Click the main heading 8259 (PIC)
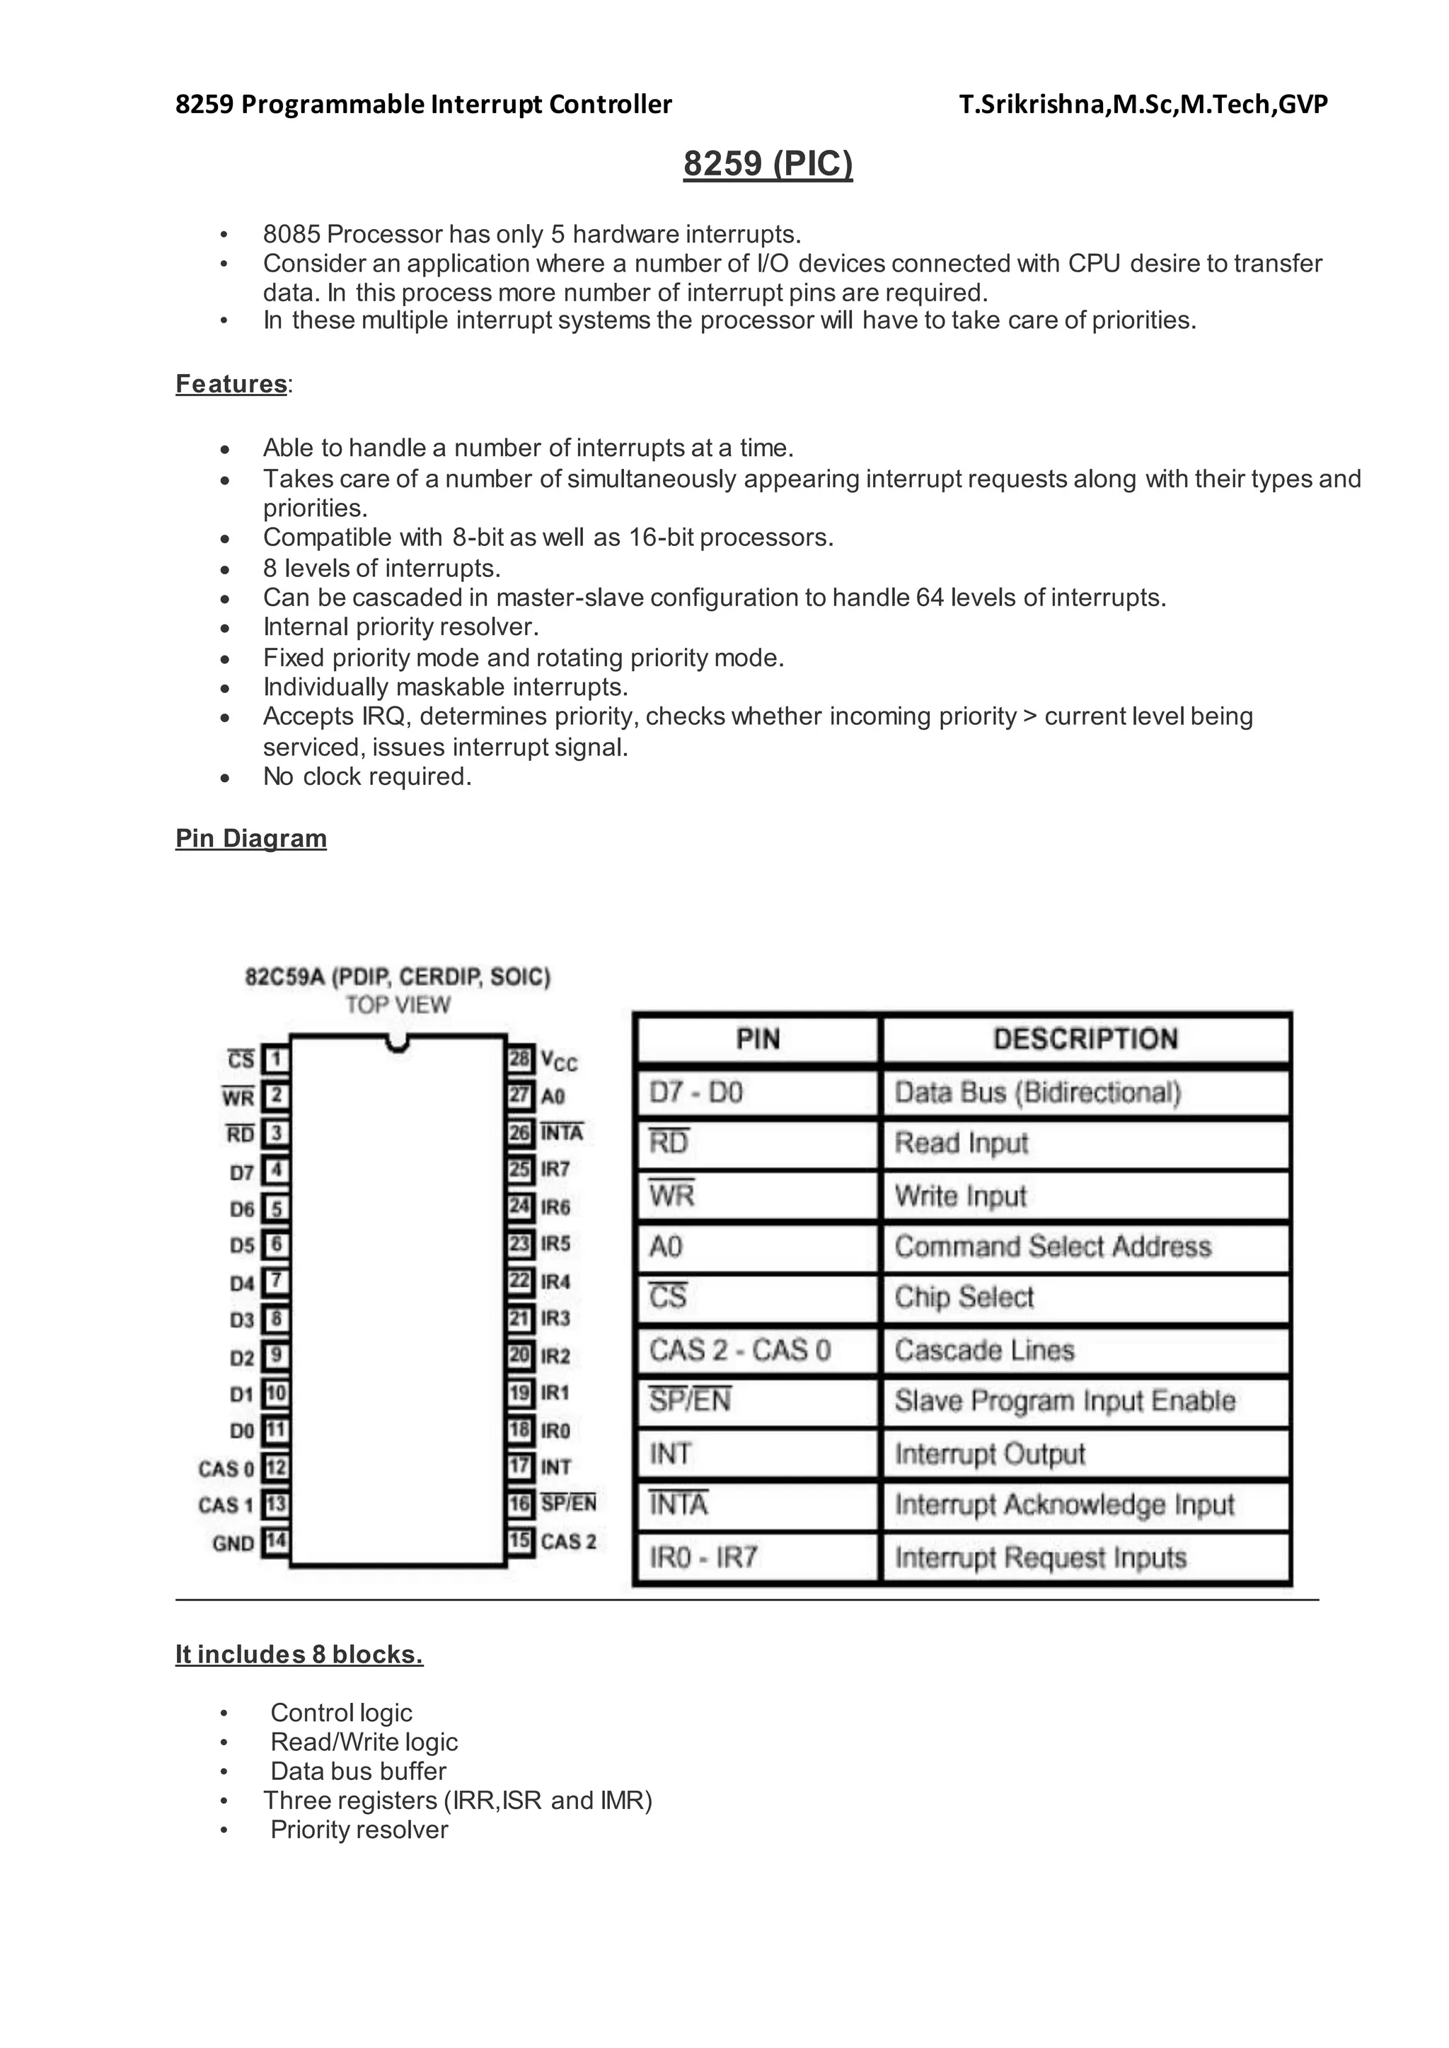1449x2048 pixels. click(768, 164)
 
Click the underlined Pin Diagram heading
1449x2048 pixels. click(250, 839)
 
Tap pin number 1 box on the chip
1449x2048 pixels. click(276, 1059)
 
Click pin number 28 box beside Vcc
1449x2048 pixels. click(520, 1059)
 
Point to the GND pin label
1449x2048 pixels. click(233, 1543)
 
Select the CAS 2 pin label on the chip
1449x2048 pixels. click(568, 1542)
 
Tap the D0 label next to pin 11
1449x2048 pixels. click(242, 1431)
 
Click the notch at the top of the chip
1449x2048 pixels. click(398, 1042)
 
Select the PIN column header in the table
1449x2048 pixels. click(758, 1039)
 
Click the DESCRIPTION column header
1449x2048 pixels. click(1085, 1039)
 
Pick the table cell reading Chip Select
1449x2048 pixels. click(964, 1297)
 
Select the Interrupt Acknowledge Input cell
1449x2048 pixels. click(1064, 1506)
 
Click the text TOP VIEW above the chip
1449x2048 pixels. click(398, 1006)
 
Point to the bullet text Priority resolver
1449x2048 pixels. click(359, 1829)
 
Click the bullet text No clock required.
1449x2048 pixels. click(366, 777)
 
